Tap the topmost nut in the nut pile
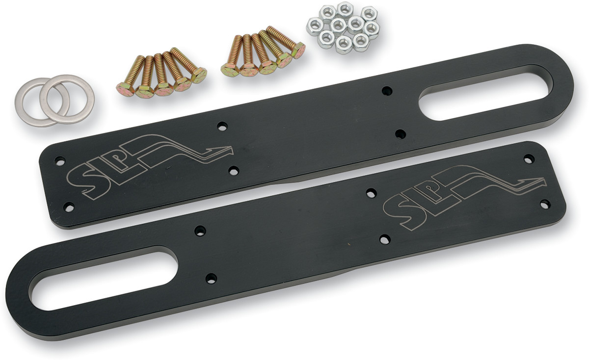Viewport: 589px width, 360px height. pyautogui.click(x=346, y=8)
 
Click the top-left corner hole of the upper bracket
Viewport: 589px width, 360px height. pyautogui.click(x=60, y=160)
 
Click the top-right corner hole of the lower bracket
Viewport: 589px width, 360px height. pyautogui.click(x=529, y=159)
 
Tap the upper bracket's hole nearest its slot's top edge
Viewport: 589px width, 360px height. pyautogui.click(x=387, y=90)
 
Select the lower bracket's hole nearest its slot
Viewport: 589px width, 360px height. pyautogui.click(x=211, y=279)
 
